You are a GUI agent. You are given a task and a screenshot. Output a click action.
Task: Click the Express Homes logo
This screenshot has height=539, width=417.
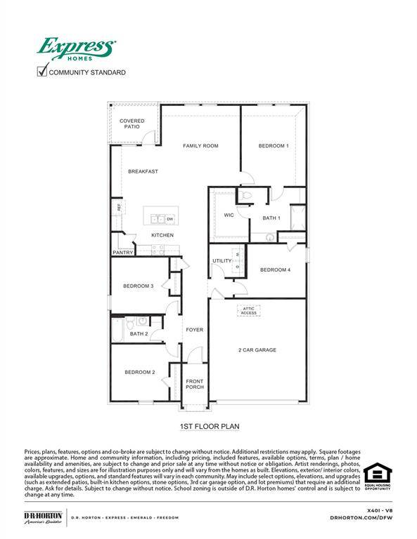(x=76, y=50)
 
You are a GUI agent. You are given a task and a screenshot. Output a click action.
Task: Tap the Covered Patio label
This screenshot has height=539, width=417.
(x=132, y=124)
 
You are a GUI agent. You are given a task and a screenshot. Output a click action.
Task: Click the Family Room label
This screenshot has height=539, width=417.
(x=200, y=146)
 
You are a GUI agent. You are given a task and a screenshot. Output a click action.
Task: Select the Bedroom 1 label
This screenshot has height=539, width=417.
(x=273, y=146)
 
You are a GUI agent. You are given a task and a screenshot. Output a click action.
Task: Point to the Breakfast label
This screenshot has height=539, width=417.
(x=143, y=171)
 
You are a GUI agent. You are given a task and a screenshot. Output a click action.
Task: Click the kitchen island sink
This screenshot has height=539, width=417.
(x=158, y=219)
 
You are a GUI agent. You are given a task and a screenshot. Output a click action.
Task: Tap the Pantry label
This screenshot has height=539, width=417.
(x=122, y=253)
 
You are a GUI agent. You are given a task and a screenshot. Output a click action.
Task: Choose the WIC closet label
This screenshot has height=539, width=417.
(x=229, y=215)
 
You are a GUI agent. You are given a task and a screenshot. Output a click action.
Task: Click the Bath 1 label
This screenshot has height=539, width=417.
(x=271, y=218)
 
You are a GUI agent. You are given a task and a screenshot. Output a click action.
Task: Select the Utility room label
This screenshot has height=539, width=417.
(x=222, y=261)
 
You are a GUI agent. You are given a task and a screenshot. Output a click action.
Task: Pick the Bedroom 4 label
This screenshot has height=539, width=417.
(x=274, y=269)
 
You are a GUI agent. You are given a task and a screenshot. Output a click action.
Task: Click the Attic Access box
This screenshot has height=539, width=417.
(x=249, y=310)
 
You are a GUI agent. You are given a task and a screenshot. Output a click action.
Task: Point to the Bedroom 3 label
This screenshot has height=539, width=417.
(x=138, y=286)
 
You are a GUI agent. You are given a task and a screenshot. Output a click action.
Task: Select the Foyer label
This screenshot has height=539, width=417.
(x=194, y=329)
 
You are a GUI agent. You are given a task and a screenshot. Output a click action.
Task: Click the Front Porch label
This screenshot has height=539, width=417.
(x=194, y=385)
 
